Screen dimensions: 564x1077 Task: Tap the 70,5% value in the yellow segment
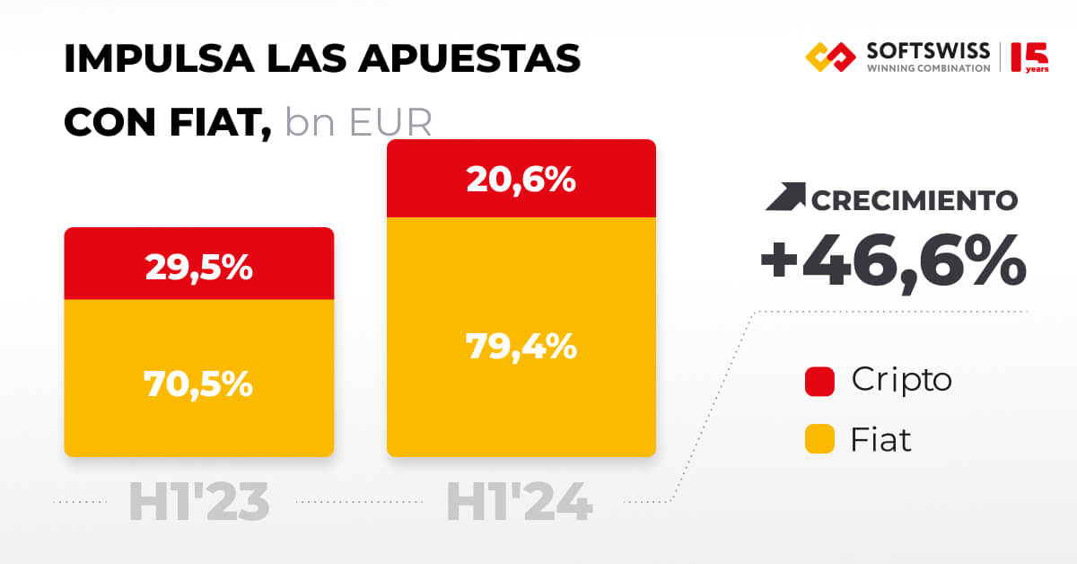coord(198,383)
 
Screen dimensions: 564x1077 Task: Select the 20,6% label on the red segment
coord(521,181)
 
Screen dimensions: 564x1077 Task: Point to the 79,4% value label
coord(521,346)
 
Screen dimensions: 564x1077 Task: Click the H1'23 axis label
coord(199,503)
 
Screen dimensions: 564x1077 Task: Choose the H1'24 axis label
coord(520,503)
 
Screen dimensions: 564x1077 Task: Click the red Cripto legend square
coord(820,381)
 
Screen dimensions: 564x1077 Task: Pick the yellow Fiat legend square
coord(820,440)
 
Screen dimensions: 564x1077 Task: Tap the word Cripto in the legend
coord(901,380)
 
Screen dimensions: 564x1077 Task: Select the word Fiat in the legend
coord(880,440)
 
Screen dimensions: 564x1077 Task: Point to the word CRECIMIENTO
coord(915,199)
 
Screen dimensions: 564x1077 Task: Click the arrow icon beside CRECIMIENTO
coord(785,198)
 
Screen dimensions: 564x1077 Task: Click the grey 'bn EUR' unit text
coord(358,123)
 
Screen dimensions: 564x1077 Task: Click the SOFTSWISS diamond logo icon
coord(831,57)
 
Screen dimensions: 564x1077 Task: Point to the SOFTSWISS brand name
coord(928,49)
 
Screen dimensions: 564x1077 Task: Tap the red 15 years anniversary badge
coord(1029,57)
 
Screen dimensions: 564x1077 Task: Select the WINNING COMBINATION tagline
coord(928,68)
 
